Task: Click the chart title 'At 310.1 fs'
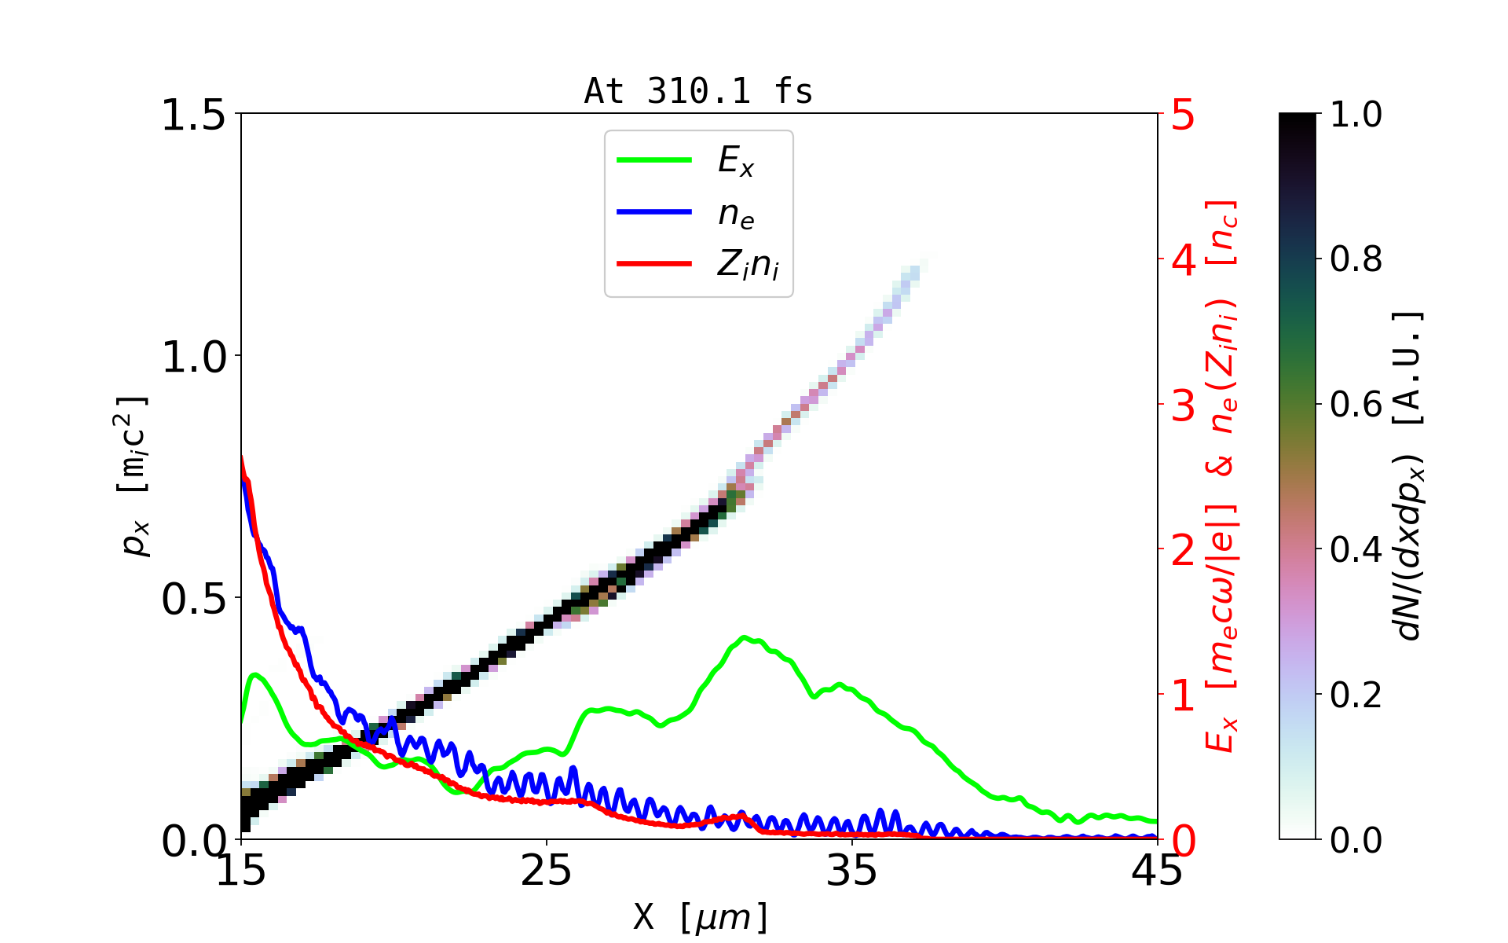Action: [x=698, y=91]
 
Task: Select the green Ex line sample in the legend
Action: [x=653, y=160]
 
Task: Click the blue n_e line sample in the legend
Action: [x=653, y=211]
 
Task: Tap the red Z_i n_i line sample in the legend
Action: [x=653, y=263]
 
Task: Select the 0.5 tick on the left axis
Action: [x=192, y=599]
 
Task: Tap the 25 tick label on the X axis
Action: [x=546, y=871]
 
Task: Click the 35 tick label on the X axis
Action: [x=852, y=871]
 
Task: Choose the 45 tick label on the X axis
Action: [x=1157, y=871]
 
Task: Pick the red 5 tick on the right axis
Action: [x=1184, y=115]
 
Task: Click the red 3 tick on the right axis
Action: [x=1184, y=405]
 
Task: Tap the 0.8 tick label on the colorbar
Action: [x=1356, y=259]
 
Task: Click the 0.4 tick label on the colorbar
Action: [x=1356, y=549]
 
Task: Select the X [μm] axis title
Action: [x=701, y=916]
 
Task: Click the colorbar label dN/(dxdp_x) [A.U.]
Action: [x=1409, y=475]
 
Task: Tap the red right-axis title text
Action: [x=1222, y=475]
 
